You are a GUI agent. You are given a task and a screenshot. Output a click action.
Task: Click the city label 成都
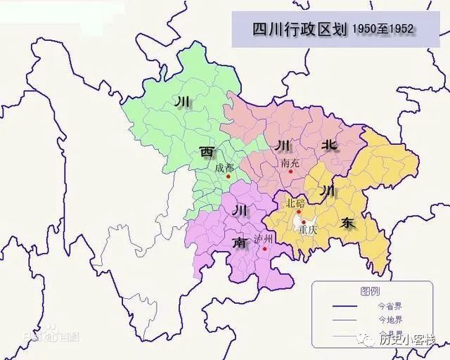tap(224, 167)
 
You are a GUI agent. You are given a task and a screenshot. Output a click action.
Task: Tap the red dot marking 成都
tap(229, 176)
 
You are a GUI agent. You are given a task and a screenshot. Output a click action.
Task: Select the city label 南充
tap(290, 162)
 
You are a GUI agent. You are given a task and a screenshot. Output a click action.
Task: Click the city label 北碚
tap(295, 203)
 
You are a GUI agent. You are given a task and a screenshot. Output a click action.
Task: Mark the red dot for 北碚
tap(305, 210)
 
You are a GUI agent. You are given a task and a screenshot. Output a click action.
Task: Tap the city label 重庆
tap(307, 229)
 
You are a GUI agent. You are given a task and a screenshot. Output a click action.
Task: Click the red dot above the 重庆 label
tap(303, 220)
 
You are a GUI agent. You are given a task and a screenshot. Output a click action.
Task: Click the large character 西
tap(207, 152)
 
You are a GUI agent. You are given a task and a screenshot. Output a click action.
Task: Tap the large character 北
tap(328, 146)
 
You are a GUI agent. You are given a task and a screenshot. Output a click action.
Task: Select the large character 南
tap(240, 243)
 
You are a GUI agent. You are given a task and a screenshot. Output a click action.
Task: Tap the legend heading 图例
tap(370, 291)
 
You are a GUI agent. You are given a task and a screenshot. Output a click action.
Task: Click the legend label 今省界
tap(391, 307)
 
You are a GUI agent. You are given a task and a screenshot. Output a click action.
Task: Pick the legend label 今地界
tap(391, 320)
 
